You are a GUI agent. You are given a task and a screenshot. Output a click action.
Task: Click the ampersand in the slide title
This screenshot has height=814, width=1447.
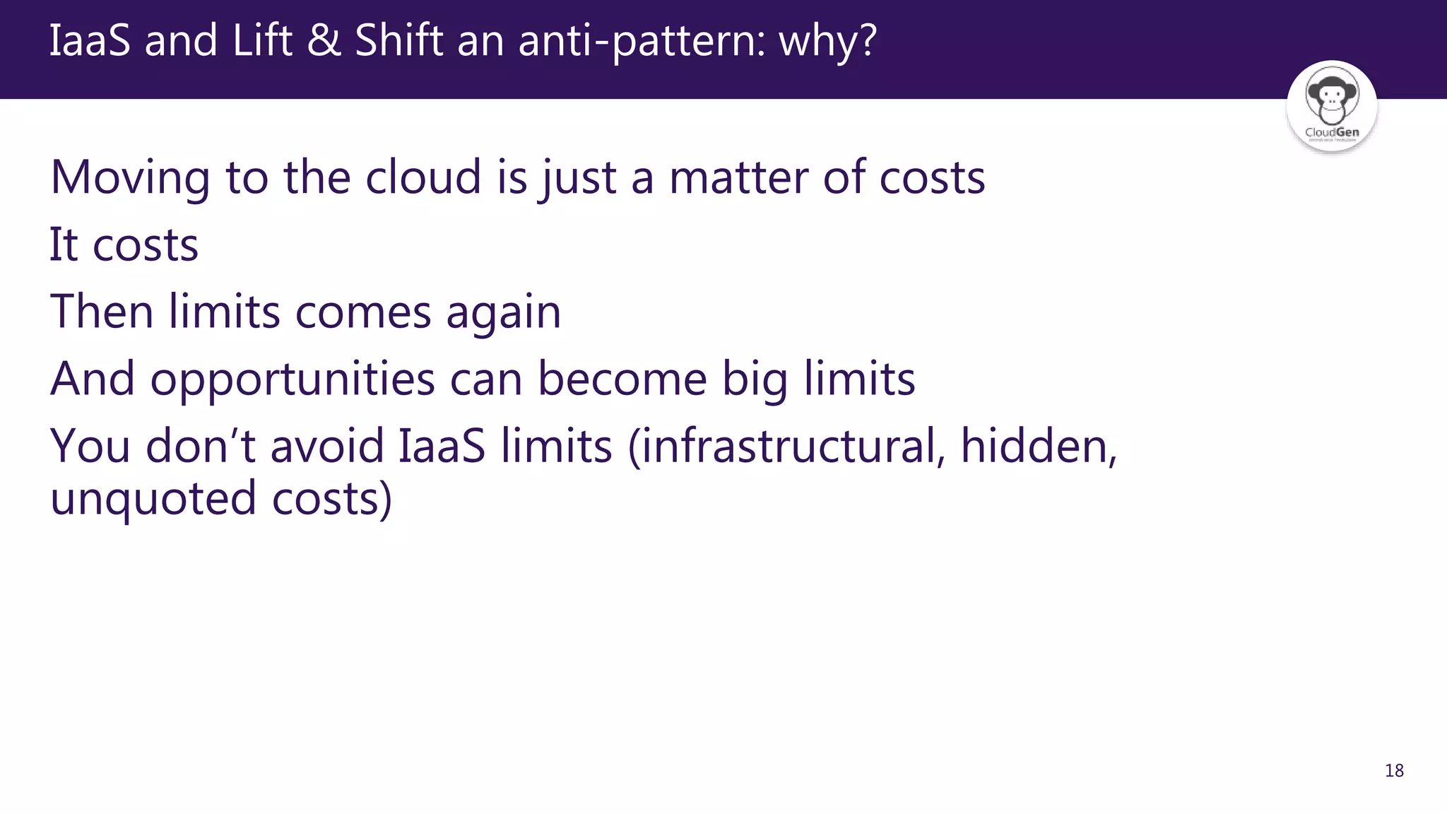(x=324, y=40)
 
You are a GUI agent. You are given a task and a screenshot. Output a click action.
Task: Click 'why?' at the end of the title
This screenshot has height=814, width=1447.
(x=827, y=41)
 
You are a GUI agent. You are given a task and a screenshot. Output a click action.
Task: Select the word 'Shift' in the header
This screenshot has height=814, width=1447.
(x=398, y=40)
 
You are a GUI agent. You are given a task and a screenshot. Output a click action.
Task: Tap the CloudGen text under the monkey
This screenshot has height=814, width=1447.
(x=1332, y=132)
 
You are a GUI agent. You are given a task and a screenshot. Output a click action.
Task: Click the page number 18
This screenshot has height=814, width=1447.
(x=1394, y=770)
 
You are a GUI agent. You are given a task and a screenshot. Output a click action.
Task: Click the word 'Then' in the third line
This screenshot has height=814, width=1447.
(x=102, y=312)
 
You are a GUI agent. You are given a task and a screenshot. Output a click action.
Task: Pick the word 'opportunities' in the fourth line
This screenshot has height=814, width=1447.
(x=293, y=380)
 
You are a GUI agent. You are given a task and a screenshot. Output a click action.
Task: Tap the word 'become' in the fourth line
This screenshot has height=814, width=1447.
(x=622, y=379)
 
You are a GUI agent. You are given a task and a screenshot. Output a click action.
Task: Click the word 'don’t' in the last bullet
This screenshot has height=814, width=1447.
(x=200, y=446)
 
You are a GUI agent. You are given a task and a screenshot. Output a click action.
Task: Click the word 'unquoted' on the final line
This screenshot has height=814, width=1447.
(x=153, y=499)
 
